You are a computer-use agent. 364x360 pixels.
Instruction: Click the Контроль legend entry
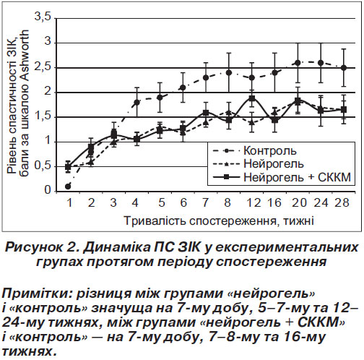[255, 151]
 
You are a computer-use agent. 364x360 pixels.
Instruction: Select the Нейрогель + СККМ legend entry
[282, 177]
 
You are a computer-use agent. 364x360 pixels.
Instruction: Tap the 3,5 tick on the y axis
[43, 17]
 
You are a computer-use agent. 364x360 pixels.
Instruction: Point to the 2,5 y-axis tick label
[43, 67]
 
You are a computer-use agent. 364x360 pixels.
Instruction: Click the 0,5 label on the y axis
[43, 166]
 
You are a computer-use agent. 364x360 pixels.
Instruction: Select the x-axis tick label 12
[253, 202]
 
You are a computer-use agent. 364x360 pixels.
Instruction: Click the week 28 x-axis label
[342, 202]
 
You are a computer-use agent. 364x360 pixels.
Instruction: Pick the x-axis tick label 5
[162, 202]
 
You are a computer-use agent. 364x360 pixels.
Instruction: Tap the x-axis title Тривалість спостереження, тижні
[219, 220]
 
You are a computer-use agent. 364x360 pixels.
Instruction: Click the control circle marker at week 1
[68, 187]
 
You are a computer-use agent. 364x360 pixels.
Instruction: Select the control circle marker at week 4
[137, 103]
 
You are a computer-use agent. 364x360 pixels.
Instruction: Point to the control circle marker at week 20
[298, 63]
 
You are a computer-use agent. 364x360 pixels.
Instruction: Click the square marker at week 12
[252, 98]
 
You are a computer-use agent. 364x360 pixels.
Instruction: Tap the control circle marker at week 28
[344, 68]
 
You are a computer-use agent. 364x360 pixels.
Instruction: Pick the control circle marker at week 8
[229, 72]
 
